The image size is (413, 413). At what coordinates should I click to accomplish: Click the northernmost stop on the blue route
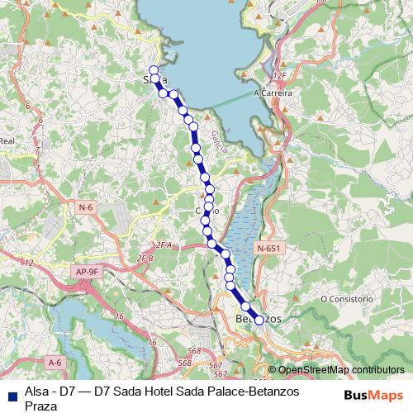coord(153,69)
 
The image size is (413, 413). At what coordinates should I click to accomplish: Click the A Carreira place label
coord(273,93)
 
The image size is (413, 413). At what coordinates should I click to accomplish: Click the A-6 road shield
coord(55,362)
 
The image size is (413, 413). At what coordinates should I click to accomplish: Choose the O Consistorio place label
coord(349,297)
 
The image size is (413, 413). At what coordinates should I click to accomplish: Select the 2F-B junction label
coord(145,259)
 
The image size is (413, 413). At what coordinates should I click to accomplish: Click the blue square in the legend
coord(12,394)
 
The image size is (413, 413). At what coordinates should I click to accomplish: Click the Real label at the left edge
coord(7,141)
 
